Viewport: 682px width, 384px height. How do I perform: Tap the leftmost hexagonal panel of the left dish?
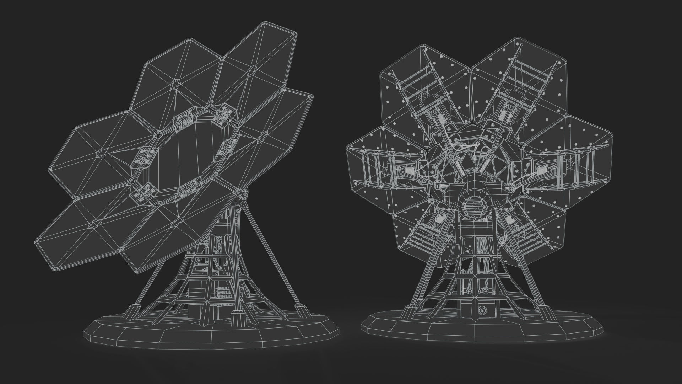103,153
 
